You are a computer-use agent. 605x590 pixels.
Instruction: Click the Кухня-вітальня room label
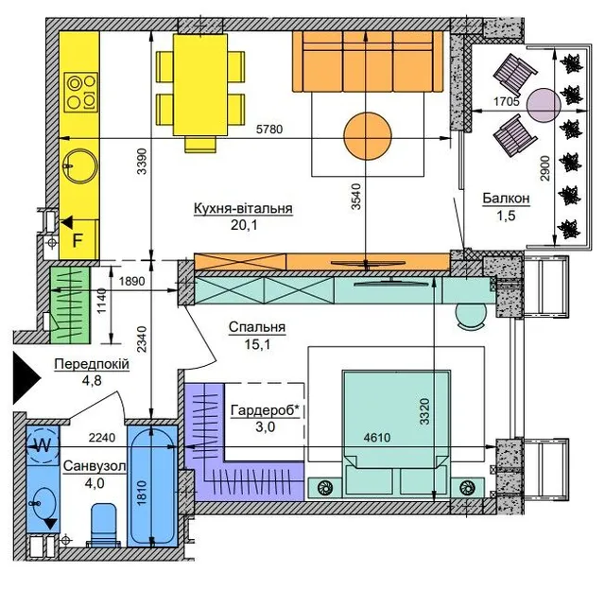243,208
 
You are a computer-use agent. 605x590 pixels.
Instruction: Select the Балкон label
506,199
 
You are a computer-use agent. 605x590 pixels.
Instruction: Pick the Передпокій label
92,365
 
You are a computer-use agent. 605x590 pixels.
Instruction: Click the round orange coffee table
368,134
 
